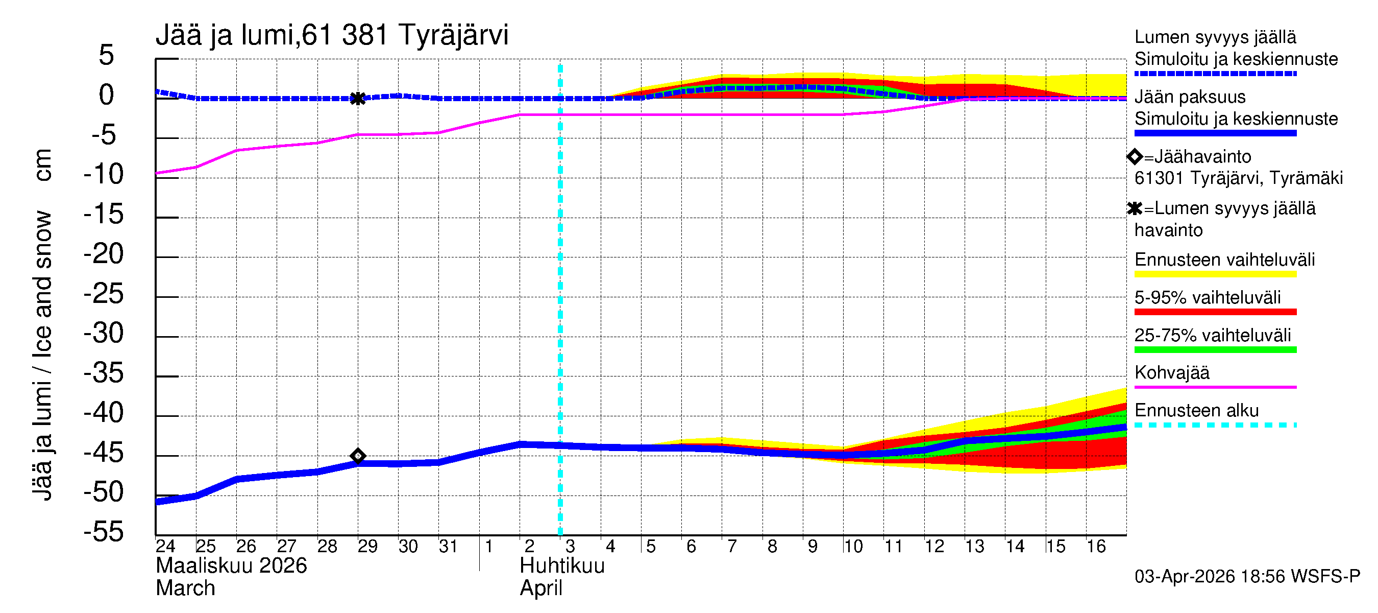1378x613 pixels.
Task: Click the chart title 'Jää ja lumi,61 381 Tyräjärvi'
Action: tap(332, 35)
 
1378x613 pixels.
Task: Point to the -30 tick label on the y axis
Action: tap(104, 334)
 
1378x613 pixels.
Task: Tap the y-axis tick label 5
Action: tap(107, 56)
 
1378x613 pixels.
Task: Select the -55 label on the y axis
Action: tap(104, 532)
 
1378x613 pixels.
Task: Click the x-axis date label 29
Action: tap(367, 547)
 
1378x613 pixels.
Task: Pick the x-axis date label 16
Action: tap(1096, 547)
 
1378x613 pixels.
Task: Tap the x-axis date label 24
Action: tap(165, 547)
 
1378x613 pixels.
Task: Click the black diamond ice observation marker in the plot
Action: tap(358, 456)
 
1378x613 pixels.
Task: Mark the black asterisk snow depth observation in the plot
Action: tap(358, 99)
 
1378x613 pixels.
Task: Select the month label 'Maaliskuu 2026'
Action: tap(231, 566)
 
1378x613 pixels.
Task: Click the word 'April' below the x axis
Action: tap(541, 588)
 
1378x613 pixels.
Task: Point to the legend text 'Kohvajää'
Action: tap(1171, 372)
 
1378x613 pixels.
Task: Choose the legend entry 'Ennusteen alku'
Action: tap(1197, 411)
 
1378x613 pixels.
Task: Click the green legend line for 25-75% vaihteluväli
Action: tap(1215, 350)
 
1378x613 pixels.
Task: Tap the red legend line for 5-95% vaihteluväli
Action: tap(1215, 312)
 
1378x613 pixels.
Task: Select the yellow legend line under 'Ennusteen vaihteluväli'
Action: tap(1215, 275)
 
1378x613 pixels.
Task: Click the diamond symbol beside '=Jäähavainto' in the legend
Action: tap(1135, 157)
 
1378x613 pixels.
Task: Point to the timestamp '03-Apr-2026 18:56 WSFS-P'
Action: tap(1247, 577)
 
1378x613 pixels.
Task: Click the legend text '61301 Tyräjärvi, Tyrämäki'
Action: tap(1238, 178)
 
